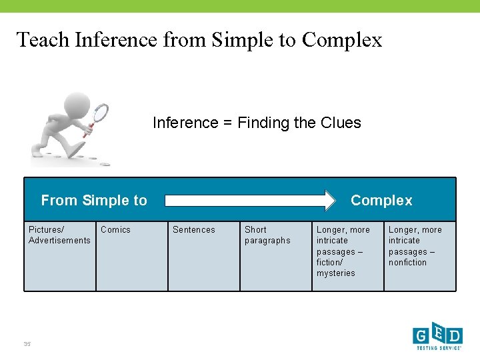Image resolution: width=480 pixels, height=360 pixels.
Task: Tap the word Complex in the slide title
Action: coord(342,40)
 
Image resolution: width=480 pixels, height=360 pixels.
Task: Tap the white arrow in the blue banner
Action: coord(251,200)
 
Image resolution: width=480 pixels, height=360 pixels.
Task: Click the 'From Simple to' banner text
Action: coord(94,200)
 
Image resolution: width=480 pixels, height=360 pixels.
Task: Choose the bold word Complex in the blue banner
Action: coord(381,200)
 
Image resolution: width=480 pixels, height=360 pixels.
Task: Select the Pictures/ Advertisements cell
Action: coord(60,256)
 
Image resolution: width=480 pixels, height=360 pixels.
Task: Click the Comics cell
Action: coord(132,256)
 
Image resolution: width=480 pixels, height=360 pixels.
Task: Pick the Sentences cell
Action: coord(204,256)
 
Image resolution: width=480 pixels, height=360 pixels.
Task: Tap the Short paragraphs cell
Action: coord(276,256)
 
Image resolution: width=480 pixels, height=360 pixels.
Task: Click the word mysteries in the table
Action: coord(336,273)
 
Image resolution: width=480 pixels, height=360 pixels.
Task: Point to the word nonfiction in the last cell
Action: coord(407,263)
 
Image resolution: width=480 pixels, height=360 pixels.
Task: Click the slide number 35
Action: coord(27,344)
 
